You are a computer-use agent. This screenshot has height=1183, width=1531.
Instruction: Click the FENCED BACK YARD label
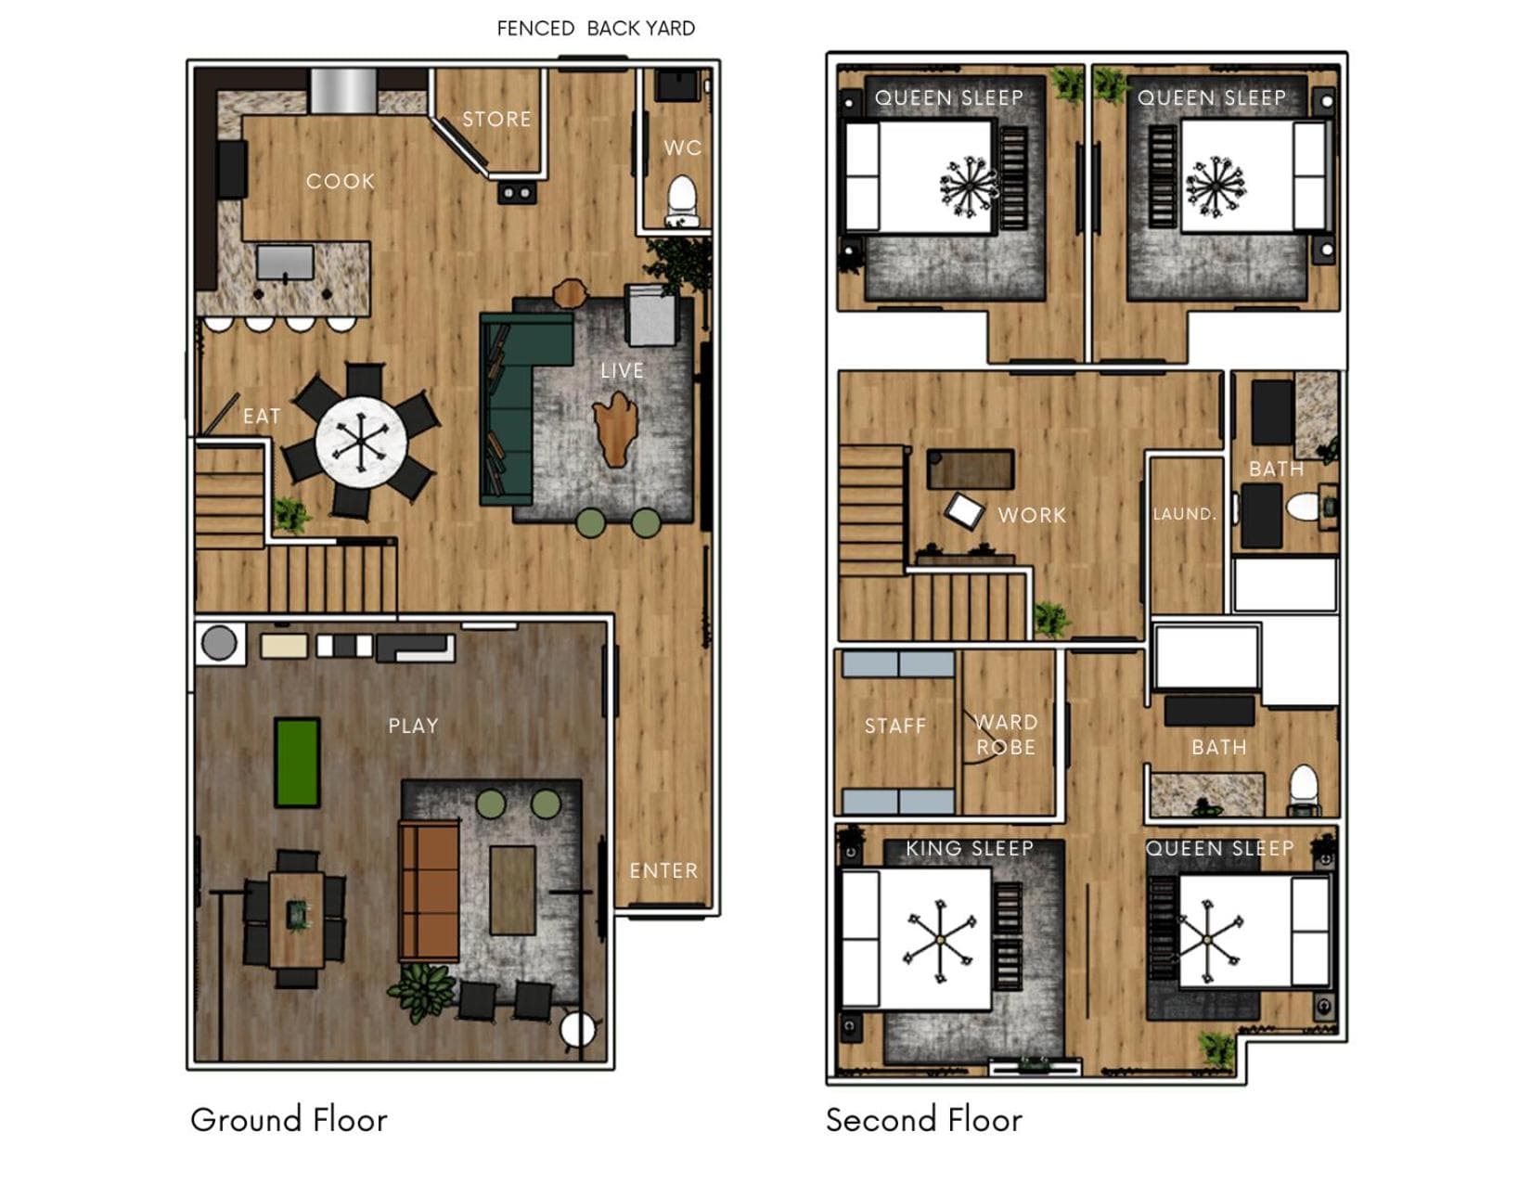[x=596, y=28]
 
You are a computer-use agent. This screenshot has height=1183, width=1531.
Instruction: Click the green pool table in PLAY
[x=297, y=762]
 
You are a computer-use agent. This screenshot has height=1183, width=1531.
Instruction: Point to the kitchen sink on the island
[x=285, y=262]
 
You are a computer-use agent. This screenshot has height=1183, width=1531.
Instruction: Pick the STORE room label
[x=496, y=119]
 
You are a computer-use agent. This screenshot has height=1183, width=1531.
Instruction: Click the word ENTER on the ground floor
[x=663, y=871]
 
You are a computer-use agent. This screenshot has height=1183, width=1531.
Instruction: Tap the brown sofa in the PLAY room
[x=429, y=891]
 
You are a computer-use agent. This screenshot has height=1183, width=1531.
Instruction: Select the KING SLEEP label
[x=970, y=848]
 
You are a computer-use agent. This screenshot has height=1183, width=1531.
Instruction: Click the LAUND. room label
[x=1185, y=514]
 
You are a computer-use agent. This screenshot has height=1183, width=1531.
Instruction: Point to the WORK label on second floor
[x=1032, y=515]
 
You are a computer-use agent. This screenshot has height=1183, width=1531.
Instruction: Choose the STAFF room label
[x=894, y=726]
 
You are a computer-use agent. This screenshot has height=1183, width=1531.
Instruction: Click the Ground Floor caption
[x=289, y=1120]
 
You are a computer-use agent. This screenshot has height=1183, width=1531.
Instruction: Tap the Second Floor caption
[x=923, y=1120]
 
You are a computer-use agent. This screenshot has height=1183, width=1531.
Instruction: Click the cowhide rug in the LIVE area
[x=616, y=430]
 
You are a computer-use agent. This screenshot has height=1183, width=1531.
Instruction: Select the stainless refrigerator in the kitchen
[x=344, y=90]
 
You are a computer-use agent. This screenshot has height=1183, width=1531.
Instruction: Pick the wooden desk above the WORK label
[x=971, y=469]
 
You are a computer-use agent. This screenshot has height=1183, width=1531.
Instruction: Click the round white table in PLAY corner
[x=578, y=1030]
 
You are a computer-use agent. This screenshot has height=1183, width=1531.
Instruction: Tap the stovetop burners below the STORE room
[x=517, y=192]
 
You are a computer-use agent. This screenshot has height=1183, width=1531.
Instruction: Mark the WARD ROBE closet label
[x=1006, y=734]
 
